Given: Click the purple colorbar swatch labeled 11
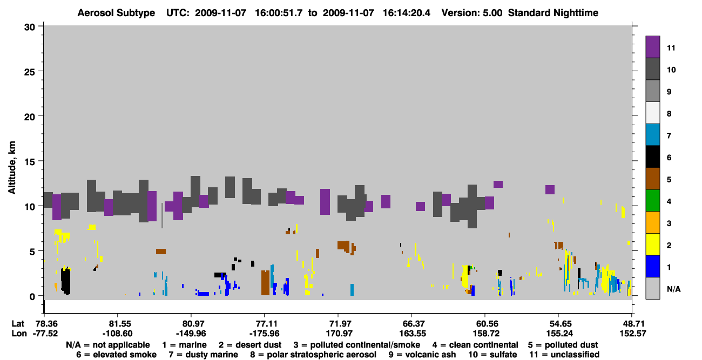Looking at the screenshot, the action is [x=652, y=46].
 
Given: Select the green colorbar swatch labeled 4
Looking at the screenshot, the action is [x=652, y=201].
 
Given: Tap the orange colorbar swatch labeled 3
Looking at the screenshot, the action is [x=652, y=222].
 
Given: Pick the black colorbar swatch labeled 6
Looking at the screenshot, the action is [x=652, y=157].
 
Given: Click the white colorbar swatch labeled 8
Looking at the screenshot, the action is [x=652, y=113].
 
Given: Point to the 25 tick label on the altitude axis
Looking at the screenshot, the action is [x=30, y=72].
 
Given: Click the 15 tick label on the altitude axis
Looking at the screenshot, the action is [x=30, y=162].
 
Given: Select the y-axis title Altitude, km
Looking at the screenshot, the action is [x=11, y=168].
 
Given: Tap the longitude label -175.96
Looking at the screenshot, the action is [x=264, y=334].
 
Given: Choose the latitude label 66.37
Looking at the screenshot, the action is [x=413, y=324].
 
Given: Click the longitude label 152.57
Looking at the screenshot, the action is [x=633, y=334].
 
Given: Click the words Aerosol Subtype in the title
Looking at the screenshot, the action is [x=116, y=13].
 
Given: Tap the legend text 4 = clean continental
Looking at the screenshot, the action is [x=475, y=345].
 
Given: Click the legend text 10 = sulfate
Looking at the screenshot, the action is [x=492, y=355].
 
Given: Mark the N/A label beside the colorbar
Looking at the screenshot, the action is [x=673, y=289].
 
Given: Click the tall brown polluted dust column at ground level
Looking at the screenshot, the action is [x=266, y=283].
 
